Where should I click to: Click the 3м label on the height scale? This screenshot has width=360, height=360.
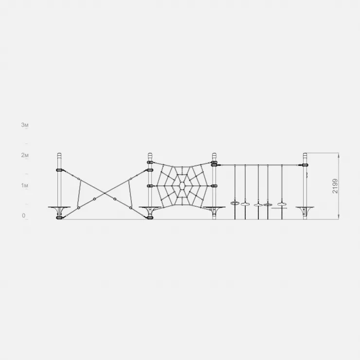click(25, 125)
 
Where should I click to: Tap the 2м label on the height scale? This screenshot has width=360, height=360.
click(25, 155)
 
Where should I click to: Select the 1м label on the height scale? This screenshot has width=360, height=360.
click(25, 185)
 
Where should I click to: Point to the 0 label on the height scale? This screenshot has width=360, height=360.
click(24, 216)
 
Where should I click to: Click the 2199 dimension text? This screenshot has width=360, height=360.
click(335, 186)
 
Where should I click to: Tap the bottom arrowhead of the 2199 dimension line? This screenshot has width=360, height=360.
click(339, 217)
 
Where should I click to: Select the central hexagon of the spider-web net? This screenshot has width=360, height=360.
click(182, 185)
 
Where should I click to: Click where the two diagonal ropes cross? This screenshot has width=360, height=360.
click(105, 193)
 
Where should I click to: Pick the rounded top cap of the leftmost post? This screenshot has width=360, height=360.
click(59, 154)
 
